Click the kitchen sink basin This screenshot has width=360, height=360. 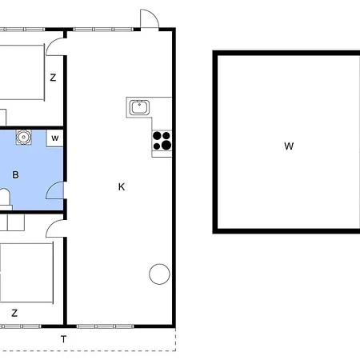(139, 107)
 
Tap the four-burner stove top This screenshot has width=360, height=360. (162, 141)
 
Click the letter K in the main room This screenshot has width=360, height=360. (122, 187)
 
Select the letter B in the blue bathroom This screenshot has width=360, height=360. (15, 174)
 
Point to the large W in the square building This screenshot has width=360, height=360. (289, 146)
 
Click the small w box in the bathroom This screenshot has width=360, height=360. (55, 138)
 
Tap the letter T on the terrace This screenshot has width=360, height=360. (63, 339)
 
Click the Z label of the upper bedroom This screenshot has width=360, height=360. (53, 78)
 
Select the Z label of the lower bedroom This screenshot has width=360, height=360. (14, 313)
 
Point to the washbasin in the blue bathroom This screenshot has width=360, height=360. (24, 137)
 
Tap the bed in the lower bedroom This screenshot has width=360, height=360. (26, 273)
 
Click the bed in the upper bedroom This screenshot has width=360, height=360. (22, 73)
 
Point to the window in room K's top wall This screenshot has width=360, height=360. (103, 30)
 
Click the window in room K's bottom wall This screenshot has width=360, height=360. (105, 326)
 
